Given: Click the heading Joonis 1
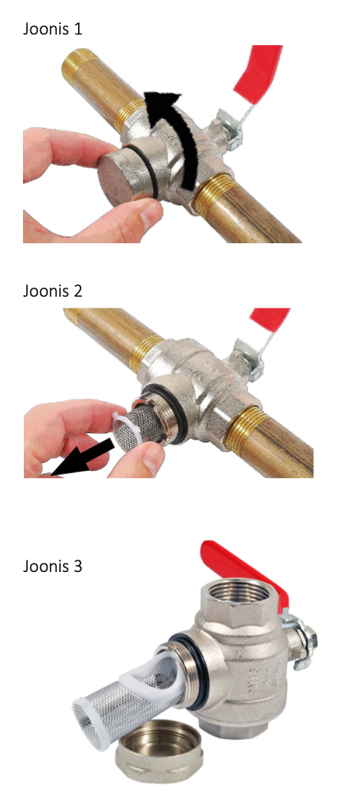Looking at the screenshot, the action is [53, 29].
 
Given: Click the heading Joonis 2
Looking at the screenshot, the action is [53, 291].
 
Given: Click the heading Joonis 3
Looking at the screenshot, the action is [53, 567].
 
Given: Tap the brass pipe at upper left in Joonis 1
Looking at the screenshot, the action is [100, 82].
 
